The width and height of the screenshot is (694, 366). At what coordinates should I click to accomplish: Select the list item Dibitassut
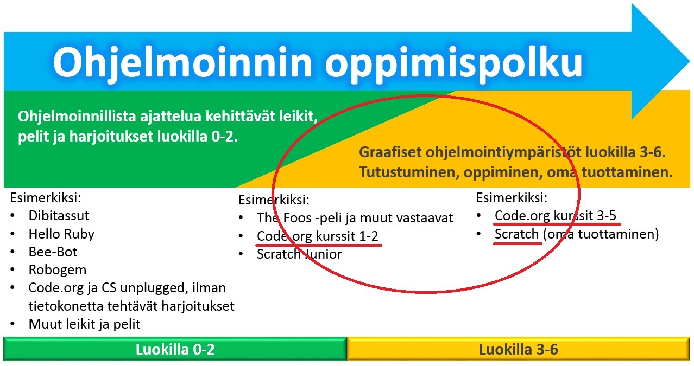(59, 216)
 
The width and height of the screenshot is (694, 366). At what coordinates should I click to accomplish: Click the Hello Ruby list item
(61, 234)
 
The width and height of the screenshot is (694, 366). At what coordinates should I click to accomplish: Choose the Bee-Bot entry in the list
(53, 252)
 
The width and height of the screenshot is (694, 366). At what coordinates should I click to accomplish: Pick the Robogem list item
(57, 270)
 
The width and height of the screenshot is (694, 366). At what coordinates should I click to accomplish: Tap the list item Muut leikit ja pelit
(84, 324)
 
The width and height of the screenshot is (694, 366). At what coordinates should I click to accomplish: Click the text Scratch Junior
(299, 254)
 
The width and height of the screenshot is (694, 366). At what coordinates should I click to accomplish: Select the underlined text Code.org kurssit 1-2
(317, 236)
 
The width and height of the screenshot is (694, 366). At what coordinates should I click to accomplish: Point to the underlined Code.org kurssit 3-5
(556, 216)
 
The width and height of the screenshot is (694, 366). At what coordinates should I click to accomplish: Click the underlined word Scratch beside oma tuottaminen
(516, 234)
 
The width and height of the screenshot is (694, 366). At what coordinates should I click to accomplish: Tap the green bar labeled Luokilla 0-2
(175, 349)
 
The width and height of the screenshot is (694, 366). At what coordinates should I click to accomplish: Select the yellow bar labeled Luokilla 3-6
(518, 349)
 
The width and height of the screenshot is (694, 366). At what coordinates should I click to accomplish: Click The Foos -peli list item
(355, 218)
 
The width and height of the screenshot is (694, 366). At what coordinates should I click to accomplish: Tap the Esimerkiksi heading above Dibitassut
(45, 197)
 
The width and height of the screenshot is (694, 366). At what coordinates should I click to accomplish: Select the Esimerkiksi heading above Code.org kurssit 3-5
(512, 197)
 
